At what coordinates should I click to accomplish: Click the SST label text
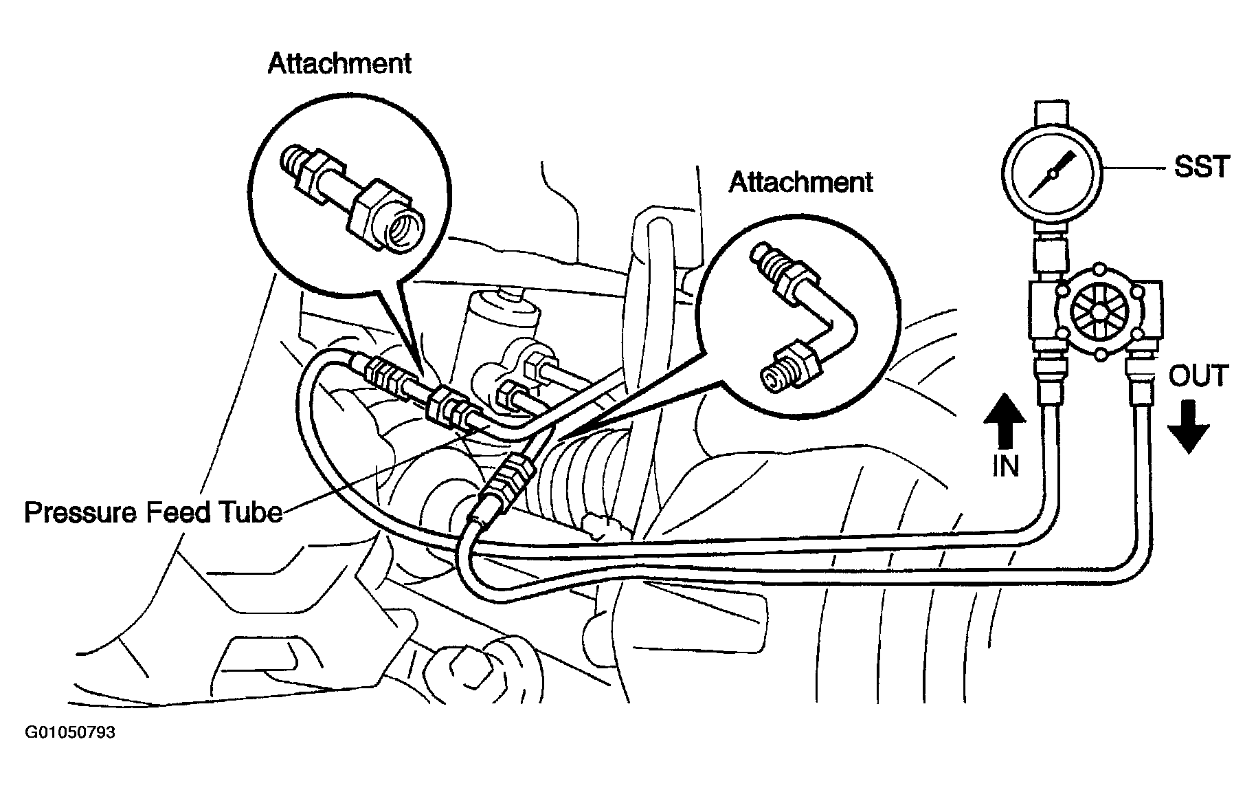coord(1202,166)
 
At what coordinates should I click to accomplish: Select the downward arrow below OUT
coord(1188,427)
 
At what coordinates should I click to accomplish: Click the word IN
coord(1006,467)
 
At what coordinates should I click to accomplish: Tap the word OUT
coord(1198,377)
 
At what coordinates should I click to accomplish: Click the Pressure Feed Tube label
coord(153,513)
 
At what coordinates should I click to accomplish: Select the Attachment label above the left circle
coord(339,63)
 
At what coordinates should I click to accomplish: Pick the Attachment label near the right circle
coord(800,182)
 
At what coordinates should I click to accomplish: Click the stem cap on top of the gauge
coord(1051,110)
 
